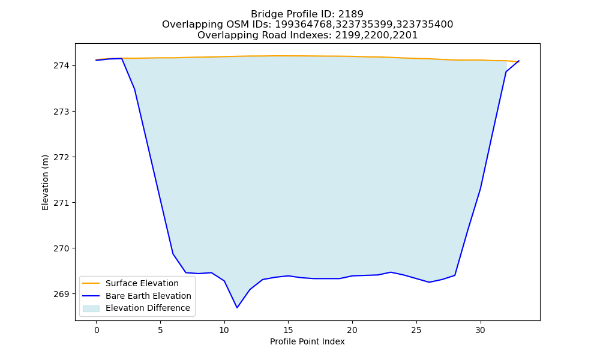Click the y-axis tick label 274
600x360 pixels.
(x=62, y=66)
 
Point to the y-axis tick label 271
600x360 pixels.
(x=62, y=203)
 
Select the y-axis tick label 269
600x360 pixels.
(x=62, y=294)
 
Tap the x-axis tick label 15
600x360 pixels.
(x=288, y=330)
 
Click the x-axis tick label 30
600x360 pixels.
(x=480, y=330)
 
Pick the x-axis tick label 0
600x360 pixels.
(x=97, y=330)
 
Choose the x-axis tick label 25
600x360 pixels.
(x=416, y=330)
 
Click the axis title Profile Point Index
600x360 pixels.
(x=307, y=341)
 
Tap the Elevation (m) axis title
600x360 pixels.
(x=45, y=182)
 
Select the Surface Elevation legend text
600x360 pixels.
(x=142, y=283)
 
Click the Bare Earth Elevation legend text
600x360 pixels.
(x=148, y=296)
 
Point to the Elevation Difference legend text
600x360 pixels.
(x=148, y=308)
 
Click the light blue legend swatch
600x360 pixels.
(x=91, y=308)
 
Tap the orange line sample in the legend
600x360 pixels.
(x=91, y=283)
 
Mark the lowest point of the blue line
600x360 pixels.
(x=237, y=308)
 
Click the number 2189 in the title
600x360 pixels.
(x=350, y=14)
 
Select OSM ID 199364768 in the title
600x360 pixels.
(x=304, y=25)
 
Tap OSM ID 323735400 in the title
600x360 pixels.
(x=425, y=25)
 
